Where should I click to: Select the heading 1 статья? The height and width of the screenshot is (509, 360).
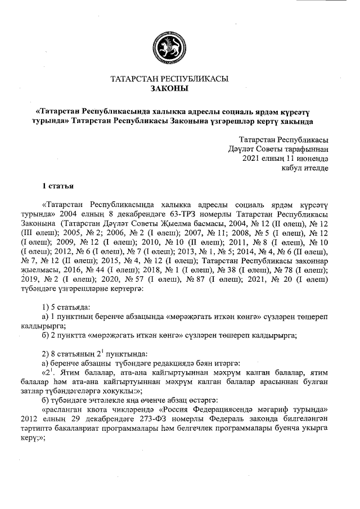point(58,185)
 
